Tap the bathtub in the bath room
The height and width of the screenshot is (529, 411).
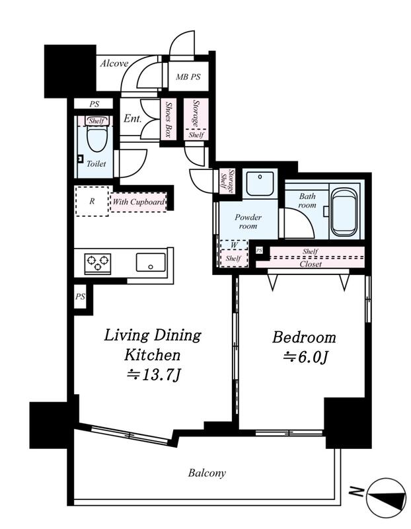click(x=344, y=212)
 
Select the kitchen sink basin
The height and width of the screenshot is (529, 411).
click(x=151, y=263)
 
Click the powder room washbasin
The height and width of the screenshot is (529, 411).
click(x=260, y=183)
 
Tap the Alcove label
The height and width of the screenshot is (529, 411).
click(x=114, y=63)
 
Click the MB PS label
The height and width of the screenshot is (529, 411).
click(x=188, y=77)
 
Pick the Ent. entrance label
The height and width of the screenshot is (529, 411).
click(x=133, y=118)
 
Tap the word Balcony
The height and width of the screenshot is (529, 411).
click(x=207, y=473)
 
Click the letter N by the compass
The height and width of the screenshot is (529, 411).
click(x=356, y=491)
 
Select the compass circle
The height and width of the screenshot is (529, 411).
click(x=386, y=498)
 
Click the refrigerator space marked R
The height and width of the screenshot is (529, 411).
click(x=92, y=201)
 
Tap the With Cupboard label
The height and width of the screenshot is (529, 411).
click(x=139, y=202)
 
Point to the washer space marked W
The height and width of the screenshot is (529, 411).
click(x=235, y=245)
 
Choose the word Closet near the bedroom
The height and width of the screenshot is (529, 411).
click(x=311, y=264)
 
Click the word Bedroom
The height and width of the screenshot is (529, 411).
click(x=304, y=337)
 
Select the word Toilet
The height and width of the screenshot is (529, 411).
click(x=96, y=163)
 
